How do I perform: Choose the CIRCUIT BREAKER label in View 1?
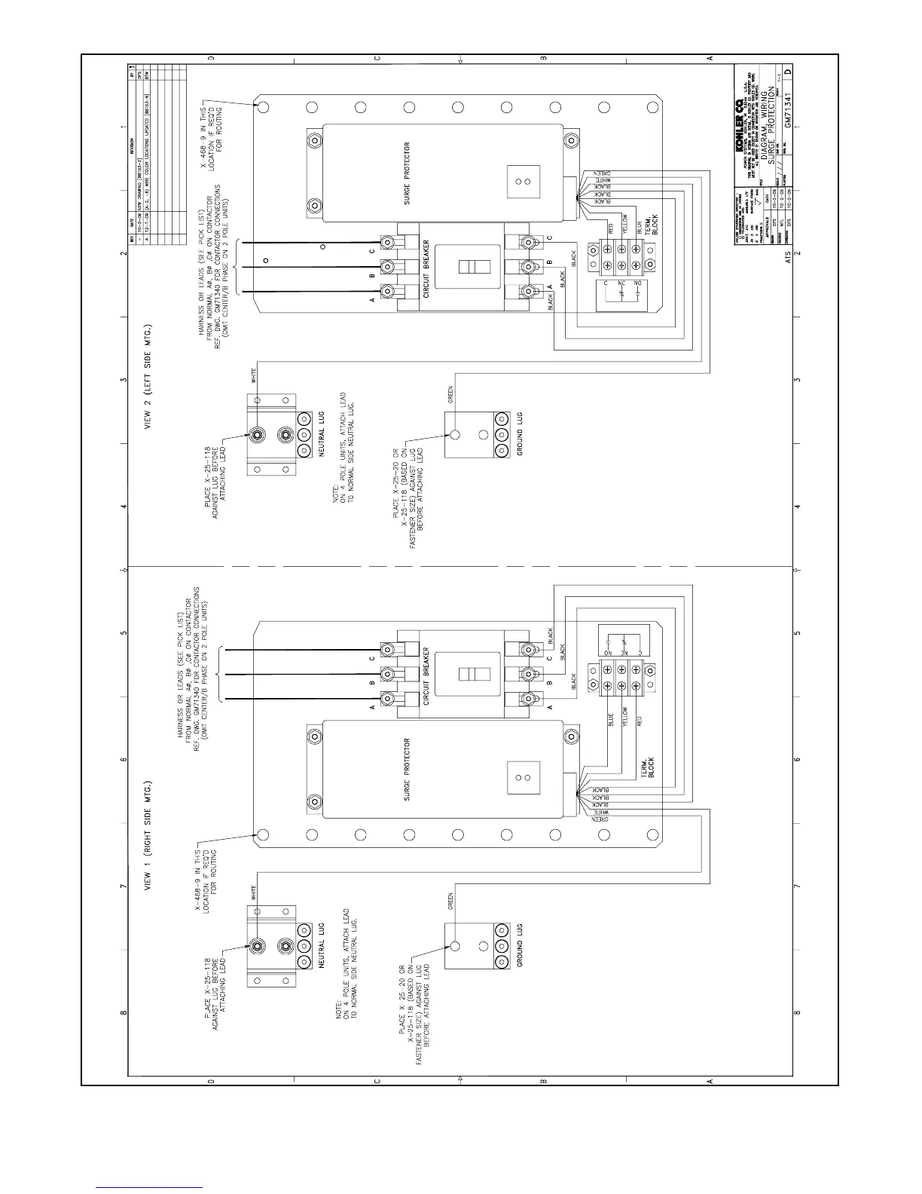[426, 675]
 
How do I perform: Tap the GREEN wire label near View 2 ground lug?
[450, 394]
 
